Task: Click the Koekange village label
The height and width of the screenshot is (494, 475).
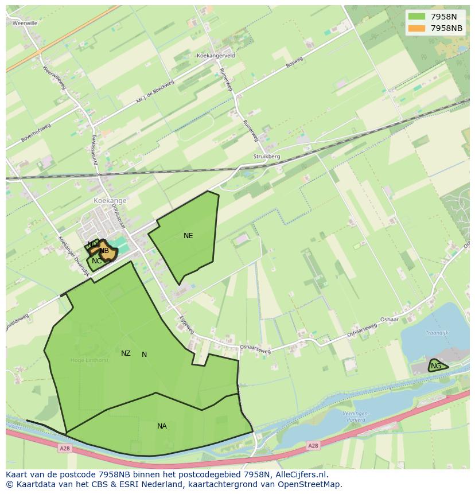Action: pos(110,201)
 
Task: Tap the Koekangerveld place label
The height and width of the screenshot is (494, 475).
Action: pos(216,56)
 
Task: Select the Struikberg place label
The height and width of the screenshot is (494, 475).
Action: pos(266,156)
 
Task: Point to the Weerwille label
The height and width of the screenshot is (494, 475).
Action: pos(25,24)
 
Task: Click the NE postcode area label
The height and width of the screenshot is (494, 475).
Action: pos(188,236)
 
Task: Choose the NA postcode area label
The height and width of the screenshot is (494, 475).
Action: pos(162,426)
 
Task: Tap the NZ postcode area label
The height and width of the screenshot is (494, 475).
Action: pos(126,353)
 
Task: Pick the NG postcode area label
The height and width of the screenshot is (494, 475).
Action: pos(436,366)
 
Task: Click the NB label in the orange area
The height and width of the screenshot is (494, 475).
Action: pos(104,251)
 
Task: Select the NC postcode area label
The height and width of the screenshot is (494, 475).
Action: pos(96,262)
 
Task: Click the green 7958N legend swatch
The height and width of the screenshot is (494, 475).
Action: pos(417,17)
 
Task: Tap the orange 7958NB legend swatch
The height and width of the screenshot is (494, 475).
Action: pos(417,28)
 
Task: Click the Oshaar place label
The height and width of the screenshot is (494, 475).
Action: pos(389,320)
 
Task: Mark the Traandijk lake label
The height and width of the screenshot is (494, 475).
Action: pos(436,333)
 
